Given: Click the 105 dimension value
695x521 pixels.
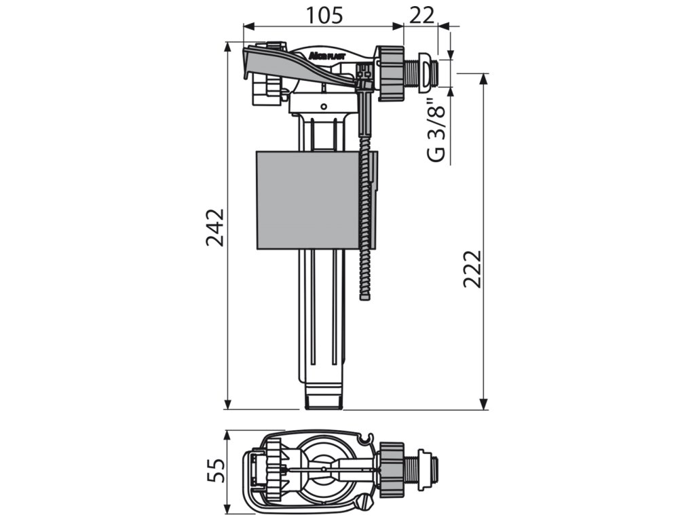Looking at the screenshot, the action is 323,14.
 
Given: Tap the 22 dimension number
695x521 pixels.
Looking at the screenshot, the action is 421,14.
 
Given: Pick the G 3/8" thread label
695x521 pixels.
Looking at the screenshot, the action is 438,133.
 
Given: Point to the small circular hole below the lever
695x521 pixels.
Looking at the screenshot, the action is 323,106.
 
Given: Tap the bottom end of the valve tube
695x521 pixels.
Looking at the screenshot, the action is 322,400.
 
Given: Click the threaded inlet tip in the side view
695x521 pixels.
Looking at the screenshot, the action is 426,73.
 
